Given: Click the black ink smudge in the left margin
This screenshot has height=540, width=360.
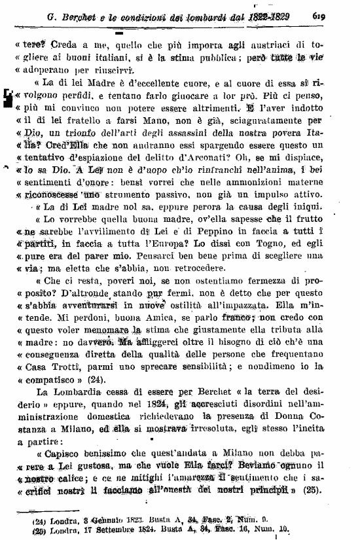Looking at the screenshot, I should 9,98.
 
